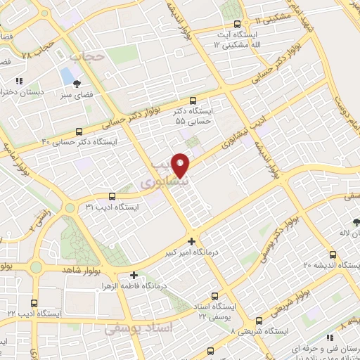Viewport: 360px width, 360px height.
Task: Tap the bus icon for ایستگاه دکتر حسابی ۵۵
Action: pos(193,101)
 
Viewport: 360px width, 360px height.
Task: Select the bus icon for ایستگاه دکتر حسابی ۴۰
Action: pos(78,131)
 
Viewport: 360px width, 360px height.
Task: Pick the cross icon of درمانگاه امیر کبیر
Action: pos(191,240)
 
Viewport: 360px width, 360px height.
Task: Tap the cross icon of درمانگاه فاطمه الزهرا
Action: pos(134,275)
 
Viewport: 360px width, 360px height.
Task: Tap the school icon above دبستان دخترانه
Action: pos(20,81)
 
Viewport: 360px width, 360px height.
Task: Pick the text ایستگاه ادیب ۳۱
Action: pos(112,207)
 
